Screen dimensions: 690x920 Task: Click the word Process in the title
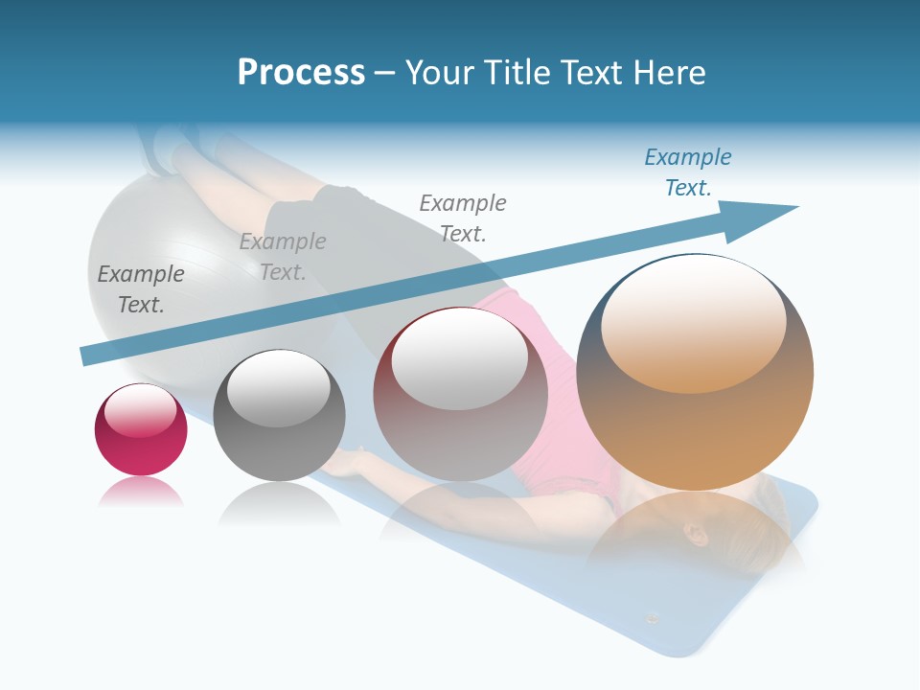click(x=301, y=73)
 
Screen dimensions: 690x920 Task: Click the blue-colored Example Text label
click(x=688, y=172)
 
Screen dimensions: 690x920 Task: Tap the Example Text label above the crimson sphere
click(x=141, y=289)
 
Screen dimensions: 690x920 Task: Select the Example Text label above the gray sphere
click(x=283, y=257)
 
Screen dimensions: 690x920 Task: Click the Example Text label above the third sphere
click(x=463, y=218)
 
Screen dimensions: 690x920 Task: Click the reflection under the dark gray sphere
click(x=279, y=503)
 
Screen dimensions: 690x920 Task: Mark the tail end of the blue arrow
click(x=88, y=356)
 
